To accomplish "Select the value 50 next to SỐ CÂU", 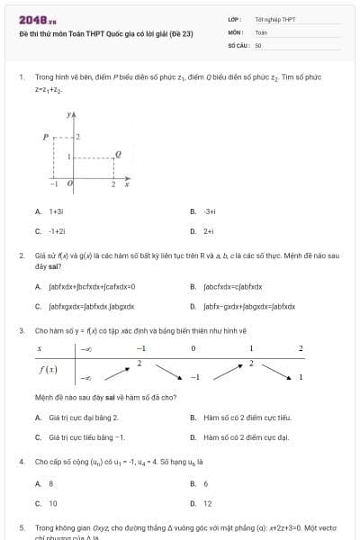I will (x=258, y=44).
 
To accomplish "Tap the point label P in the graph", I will (x=45, y=137).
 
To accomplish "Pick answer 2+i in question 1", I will (x=209, y=231).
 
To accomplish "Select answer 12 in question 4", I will (x=208, y=504).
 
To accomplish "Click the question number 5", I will (x=21, y=527).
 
